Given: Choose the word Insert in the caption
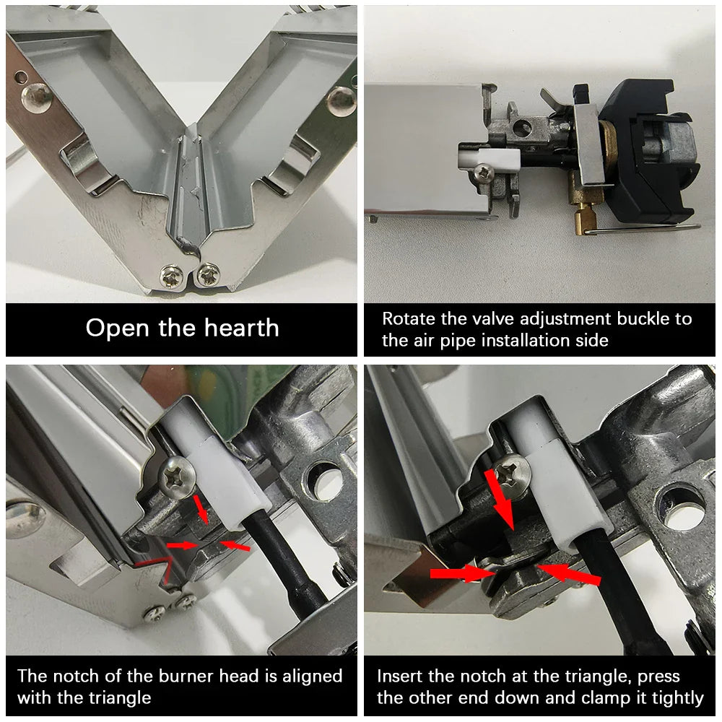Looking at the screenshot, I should (x=404, y=677).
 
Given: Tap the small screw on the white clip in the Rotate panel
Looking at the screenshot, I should (x=482, y=171).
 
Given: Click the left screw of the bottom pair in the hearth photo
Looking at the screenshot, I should (x=172, y=274).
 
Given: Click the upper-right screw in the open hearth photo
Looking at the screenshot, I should (x=341, y=100).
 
